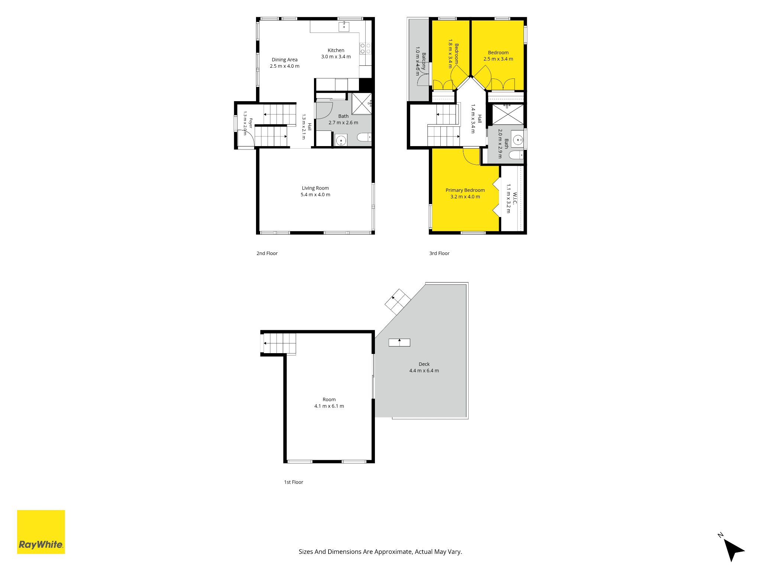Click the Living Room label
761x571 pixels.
[315, 188]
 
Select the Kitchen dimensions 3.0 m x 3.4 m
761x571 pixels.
[336, 57]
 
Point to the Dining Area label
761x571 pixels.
[285, 59]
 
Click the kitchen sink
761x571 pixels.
[344, 27]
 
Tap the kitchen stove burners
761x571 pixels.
[365, 48]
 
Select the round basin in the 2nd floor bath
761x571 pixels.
[341, 141]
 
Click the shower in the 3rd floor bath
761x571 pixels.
[508, 114]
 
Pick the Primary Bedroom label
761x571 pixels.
[465, 190]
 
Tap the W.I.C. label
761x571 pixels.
[515, 199]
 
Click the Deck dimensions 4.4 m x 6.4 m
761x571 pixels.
[424, 371]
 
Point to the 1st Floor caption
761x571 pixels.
[294, 482]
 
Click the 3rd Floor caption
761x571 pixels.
[439, 254]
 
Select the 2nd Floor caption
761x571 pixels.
[267, 254]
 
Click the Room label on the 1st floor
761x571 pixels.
[329, 400]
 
